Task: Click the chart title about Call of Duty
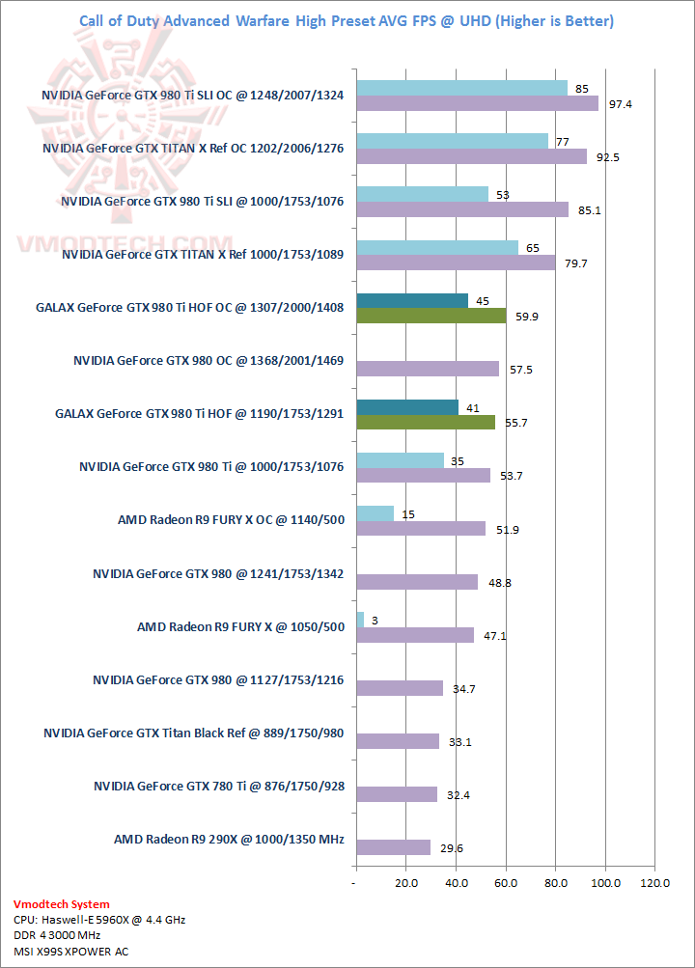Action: pos(346,21)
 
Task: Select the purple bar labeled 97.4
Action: pos(477,103)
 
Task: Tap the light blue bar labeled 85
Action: pos(461,89)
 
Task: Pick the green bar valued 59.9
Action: pos(431,316)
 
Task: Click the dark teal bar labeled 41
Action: pos(407,407)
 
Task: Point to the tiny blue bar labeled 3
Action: pos(360,620)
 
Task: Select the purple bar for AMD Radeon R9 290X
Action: pos(393,847)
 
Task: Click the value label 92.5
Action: pos(608,156)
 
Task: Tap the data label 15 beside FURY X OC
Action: pos(408,514)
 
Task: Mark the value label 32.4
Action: pos(459,794)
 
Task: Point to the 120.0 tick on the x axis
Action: pos(655,882)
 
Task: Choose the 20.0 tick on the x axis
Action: pos(406,882)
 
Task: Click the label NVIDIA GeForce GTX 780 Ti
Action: pos(219,786)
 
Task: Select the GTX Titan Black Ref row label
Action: pos(194,733)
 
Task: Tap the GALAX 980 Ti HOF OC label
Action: pos(190,308)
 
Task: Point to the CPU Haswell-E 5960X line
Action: pos(99,920)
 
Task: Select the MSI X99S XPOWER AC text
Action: pos(71,951)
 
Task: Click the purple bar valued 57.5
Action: pos(428,369)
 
